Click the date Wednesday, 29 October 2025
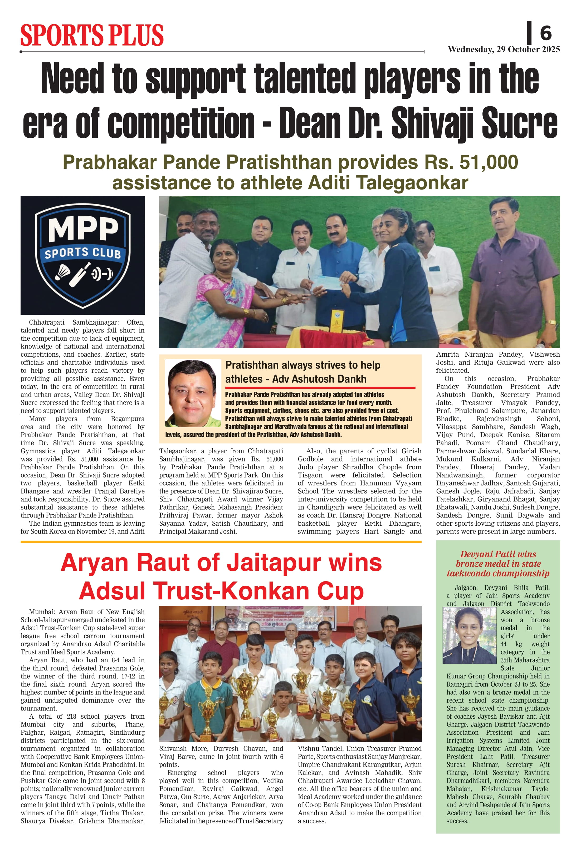tap(503, 49)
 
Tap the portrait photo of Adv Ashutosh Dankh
tap(193, 393)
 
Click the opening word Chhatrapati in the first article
tap(46, 322)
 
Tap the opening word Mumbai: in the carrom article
tap(43, 612)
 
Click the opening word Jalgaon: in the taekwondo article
tap(467, 587)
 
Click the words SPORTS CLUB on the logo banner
tap(83, 253)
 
